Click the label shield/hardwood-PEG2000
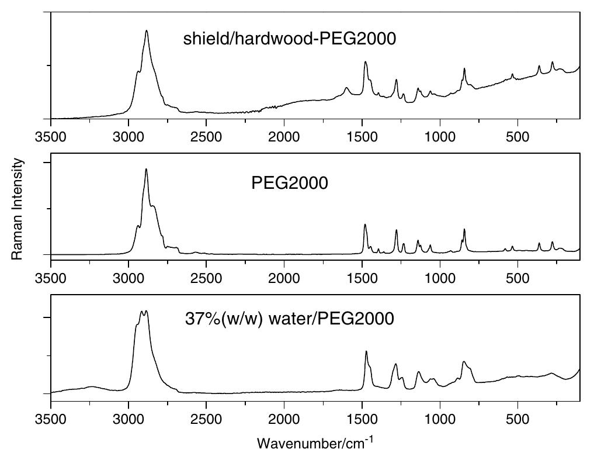(x=289, y=39)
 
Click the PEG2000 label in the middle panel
(x=289, y=183)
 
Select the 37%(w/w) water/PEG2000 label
(x=289, y=319)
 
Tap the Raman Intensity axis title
(x=18, y=209)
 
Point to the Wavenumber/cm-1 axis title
(x=314, y=443)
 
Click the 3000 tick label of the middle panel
(x=128, y=277)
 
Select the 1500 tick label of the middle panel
(x=362, y=277)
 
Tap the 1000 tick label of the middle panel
(x=440, y=277)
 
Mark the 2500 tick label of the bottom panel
(x=206, y=419)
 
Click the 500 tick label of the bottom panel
(x=517, y=419)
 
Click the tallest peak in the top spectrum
(x=147, y=31)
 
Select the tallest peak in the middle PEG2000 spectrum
(x=146, y=170)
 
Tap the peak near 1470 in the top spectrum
(x=366, y=62)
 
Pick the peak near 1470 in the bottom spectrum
(x=366, y=351)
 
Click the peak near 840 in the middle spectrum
(x=464, y=230)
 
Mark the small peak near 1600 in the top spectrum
(x=346, y=88)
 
